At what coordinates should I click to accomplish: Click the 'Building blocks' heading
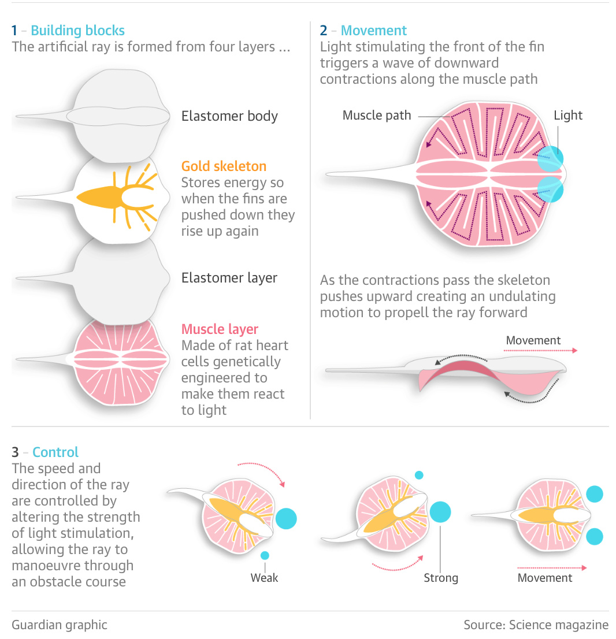[78, 31]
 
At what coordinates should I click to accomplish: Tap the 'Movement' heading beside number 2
[373, 31]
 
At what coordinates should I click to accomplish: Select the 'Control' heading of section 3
[55, 452]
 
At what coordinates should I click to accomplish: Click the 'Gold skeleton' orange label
[224, 166]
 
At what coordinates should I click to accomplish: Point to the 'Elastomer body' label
[229, 116]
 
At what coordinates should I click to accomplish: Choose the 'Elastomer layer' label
[229, 278]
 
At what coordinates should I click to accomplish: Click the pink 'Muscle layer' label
[220, 329]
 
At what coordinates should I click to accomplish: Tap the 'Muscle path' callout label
[377, 116]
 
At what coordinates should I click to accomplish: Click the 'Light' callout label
[568, 116]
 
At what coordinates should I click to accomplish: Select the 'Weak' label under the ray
[264, 577]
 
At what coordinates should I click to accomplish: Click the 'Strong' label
[441, 578]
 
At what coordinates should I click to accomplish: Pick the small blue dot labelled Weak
[265, 555]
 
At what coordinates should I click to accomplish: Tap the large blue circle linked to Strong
[440, 512]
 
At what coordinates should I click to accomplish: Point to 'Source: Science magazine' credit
[536, 625]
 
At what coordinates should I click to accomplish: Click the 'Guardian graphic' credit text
[60, 625]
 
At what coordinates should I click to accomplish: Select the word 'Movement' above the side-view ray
[533, 340]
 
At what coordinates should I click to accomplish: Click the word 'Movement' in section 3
[545, 578]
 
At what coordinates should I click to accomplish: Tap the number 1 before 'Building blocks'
[14, 31]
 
